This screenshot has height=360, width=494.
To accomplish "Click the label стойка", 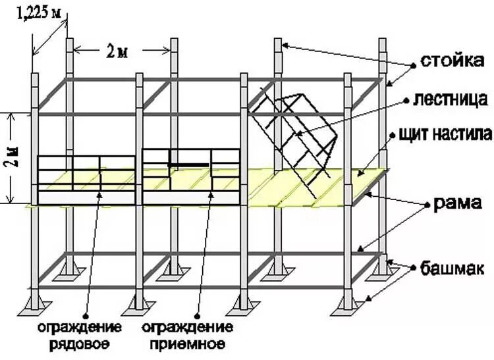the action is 448,63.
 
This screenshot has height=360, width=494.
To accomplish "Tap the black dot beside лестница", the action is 407,100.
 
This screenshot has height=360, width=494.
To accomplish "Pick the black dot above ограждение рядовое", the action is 100,192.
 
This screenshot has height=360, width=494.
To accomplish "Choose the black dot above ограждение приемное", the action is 208,192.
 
